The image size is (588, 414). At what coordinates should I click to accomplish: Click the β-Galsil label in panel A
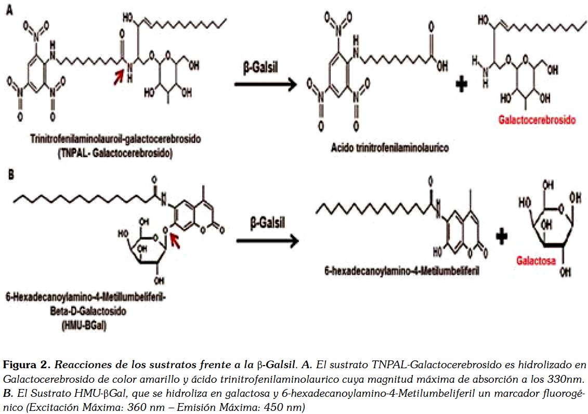262,69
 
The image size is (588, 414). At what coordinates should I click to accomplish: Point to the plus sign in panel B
501,237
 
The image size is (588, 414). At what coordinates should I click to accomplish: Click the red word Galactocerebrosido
537,120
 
